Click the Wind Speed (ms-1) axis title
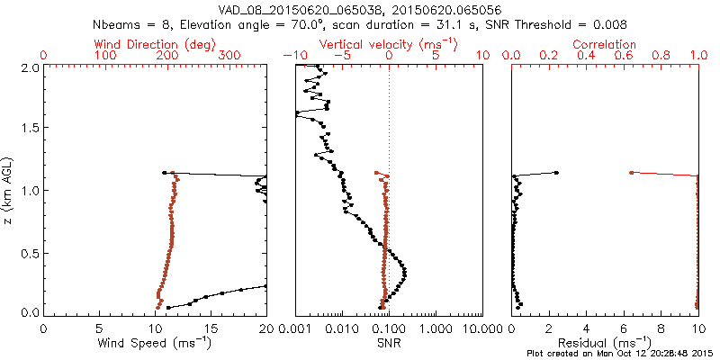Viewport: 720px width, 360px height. point(155,343)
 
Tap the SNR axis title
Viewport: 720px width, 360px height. point(388,343)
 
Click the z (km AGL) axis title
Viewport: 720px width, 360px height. point(11,190)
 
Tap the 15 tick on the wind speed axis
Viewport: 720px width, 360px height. point(211,328)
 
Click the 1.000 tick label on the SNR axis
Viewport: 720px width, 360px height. point(435,328)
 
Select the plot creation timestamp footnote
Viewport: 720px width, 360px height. point(620,354)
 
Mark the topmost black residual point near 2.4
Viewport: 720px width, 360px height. point(556,173)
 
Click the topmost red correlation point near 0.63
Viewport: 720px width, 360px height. point(631,172)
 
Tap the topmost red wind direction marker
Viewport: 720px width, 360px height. point(165,173)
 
